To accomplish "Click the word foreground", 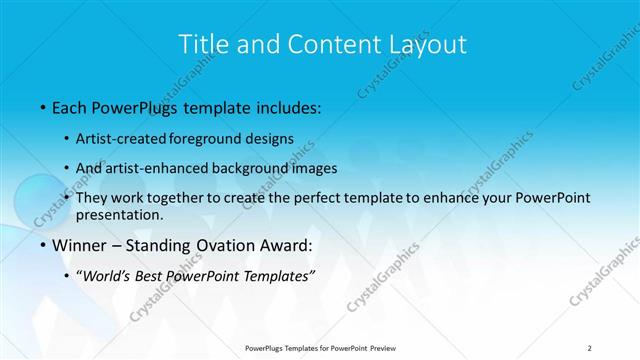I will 218,139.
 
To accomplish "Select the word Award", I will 289,245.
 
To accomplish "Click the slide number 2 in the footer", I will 590,348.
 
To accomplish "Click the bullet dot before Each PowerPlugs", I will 41,107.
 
